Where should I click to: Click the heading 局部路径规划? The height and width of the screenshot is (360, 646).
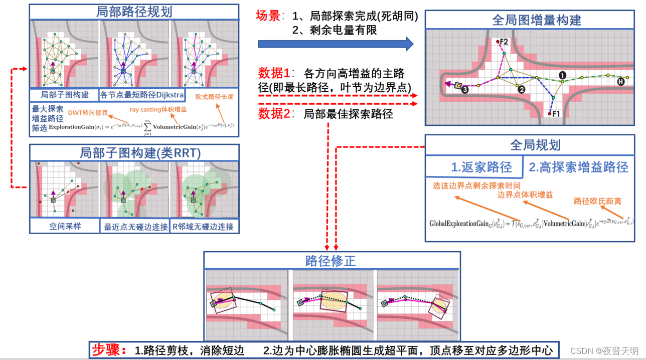(x=134, y=12)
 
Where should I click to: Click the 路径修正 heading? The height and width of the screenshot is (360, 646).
(x=331, y=261)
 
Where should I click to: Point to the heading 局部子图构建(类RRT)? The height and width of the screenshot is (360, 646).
(x=134, y=153)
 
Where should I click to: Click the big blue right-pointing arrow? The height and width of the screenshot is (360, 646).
(x=336, y=44)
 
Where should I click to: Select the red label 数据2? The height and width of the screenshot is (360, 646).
(x=274, y=113)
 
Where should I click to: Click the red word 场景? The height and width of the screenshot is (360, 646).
(x=269, y=16)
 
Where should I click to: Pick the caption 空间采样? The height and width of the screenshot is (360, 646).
(x=65, y=227)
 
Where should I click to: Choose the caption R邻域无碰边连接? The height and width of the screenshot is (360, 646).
(x=203, y=227)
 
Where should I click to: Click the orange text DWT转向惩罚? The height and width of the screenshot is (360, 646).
(x=89, y=112)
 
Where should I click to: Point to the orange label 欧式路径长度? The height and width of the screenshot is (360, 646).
(x=215, y=96)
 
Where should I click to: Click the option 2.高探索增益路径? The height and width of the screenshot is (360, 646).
(x=578, y=167)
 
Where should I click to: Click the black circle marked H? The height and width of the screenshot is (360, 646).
(x=621, y=81)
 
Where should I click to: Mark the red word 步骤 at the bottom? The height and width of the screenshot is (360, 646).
(x=109, y=349)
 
